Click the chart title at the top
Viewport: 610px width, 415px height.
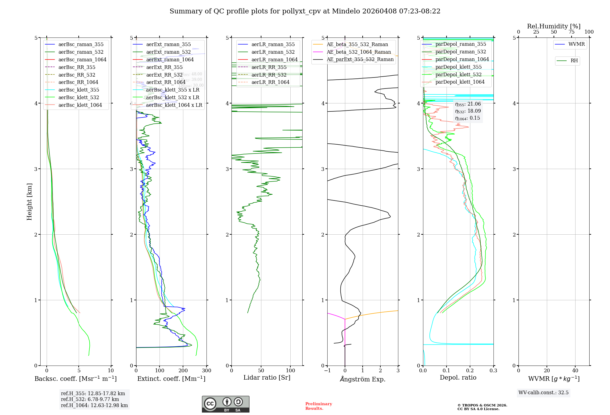(305, 11)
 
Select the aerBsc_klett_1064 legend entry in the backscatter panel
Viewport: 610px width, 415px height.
(80, 105)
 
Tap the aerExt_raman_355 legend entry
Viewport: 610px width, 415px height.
(168, 44)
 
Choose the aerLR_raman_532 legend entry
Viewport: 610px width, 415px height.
(273, 52)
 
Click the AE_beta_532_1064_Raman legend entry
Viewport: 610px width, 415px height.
(359, 52)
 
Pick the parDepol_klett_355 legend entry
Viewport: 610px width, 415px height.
(458, 67)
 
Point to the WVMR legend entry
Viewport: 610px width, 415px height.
(576, 44)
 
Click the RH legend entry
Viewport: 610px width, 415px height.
(574, 61)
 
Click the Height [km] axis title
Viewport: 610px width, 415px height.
(29, 202)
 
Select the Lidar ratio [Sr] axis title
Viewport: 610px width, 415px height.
(267, 377)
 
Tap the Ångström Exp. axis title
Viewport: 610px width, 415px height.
(363, 379)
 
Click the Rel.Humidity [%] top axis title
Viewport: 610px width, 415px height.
(554, 26)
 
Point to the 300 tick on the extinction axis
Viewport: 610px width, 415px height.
(206, 371)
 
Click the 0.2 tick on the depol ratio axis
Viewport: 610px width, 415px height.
(470, 371)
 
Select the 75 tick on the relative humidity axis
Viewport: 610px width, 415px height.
(571, 32)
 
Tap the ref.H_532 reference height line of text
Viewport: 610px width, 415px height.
(90, 399)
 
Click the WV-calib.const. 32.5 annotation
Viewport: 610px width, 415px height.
(544, 392)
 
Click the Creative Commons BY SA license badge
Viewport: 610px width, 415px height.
(225, 404)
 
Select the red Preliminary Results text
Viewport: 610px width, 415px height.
(318, 406)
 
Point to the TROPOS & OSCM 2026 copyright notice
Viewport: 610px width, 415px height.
(482, 407)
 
